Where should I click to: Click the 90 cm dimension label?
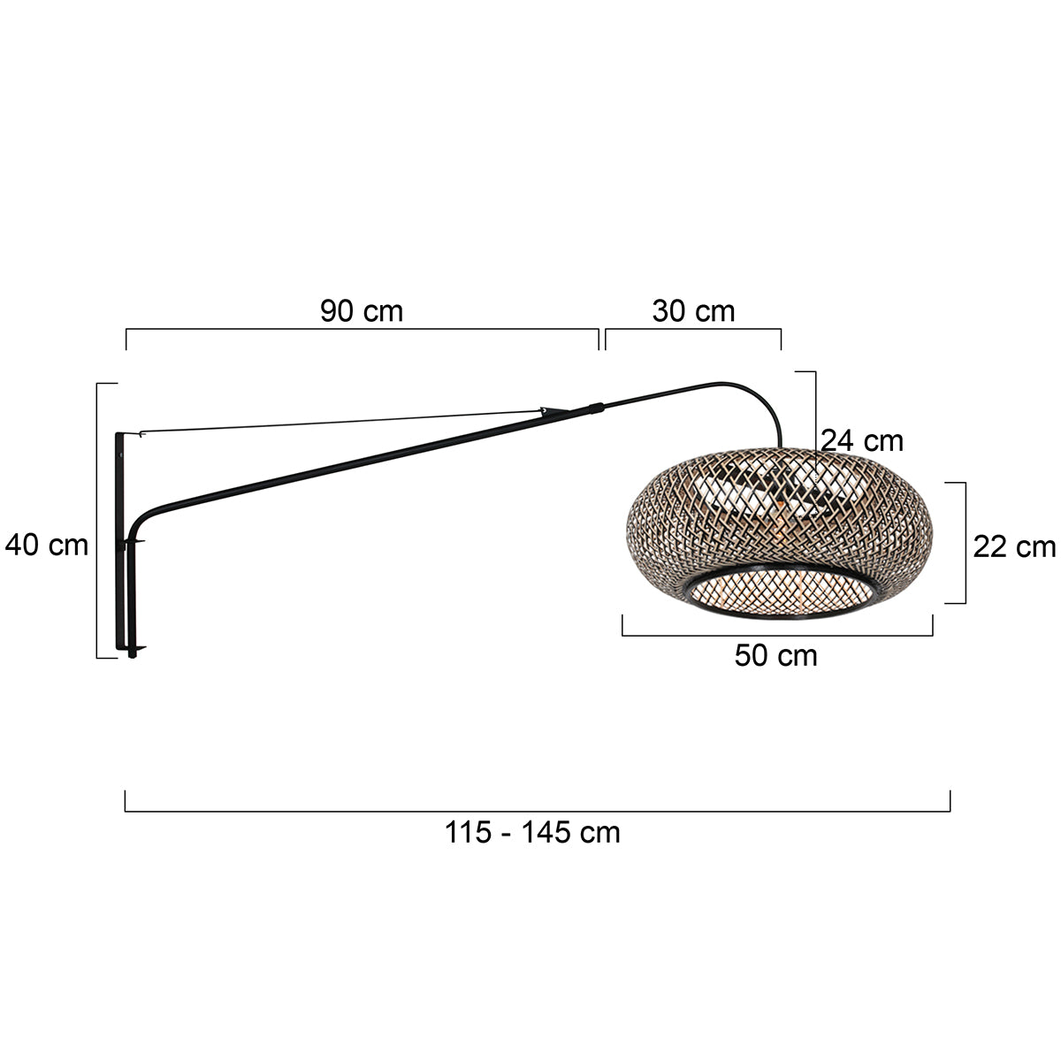(362, 311)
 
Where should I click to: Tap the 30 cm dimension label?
(693, 311)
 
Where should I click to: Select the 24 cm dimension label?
(861, 440)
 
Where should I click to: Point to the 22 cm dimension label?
(1014, 547)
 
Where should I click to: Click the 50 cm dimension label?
(775, 656)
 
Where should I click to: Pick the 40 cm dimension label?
(47, 546)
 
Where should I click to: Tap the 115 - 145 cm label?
(532, 832)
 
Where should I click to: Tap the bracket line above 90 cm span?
(362, 330)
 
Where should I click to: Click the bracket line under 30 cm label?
(693, 330)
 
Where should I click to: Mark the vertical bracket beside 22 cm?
(964, 543)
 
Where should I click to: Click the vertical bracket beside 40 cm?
(97, 520)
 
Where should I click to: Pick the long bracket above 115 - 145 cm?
(537, 811)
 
